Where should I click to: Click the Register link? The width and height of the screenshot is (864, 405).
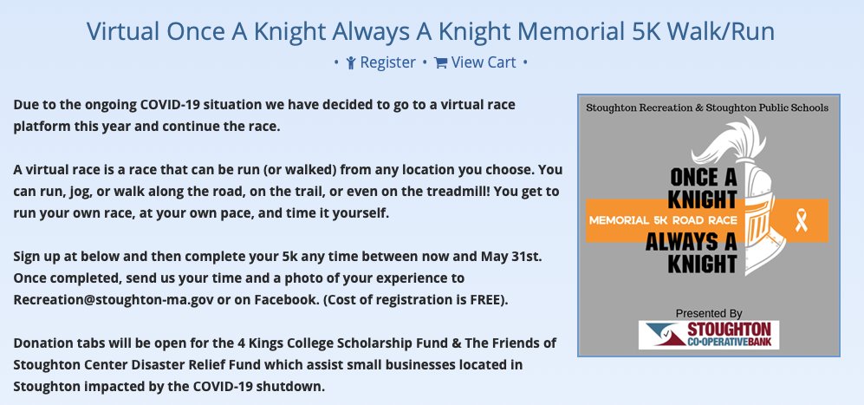click(387, 62)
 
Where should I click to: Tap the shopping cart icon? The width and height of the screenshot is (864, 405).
click(440, 62)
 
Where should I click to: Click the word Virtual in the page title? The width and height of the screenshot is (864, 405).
click(120, 31)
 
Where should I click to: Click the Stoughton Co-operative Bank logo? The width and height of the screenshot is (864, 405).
click(708, 335)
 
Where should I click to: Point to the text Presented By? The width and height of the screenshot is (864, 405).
click(709, 312)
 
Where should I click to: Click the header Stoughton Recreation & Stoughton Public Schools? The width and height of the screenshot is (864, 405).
click(708, 108)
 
